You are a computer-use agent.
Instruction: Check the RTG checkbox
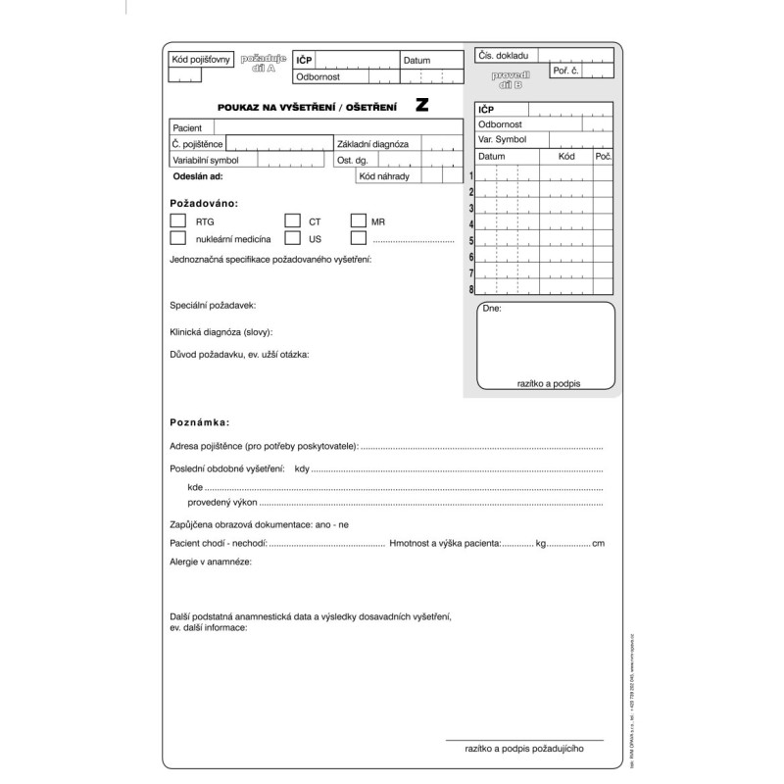[x=177, y=221]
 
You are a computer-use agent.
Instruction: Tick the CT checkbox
[x=292, y=221]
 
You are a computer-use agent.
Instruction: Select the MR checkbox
[x=358, y=221]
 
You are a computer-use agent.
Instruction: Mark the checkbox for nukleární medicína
[x=177, y=238]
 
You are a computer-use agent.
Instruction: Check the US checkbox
[x=292, y=238]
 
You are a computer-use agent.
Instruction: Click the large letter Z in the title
[x=421, y=106]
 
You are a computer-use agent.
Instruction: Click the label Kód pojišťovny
[x=201, y=60]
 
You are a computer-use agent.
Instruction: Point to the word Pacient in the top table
[x=187, y=128]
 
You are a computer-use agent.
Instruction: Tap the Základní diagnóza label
[x=373, y=144]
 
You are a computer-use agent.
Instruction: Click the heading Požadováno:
[x=204, y=203]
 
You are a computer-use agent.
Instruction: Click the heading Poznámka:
[x=200, y=422]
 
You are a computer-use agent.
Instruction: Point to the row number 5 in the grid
[x=471, y=241]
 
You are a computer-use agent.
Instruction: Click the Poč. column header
[x=603, y=157]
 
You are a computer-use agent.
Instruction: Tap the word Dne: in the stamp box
[x=492, y=308]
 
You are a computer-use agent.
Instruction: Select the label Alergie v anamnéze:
[x=212, y=563]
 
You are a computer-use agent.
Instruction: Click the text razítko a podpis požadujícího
[x=524, y=749]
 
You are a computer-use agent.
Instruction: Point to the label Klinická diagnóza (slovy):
[x=221, y=331]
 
